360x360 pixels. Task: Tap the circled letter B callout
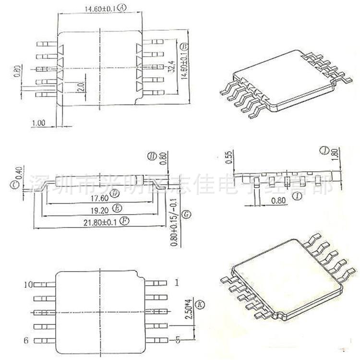(184, 46)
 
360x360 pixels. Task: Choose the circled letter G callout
(188, 213)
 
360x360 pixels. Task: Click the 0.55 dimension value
(229, 157)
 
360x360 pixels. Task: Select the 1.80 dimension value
(336, 153)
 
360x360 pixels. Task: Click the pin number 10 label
(28, 285)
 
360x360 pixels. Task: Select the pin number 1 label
(177, 283)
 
